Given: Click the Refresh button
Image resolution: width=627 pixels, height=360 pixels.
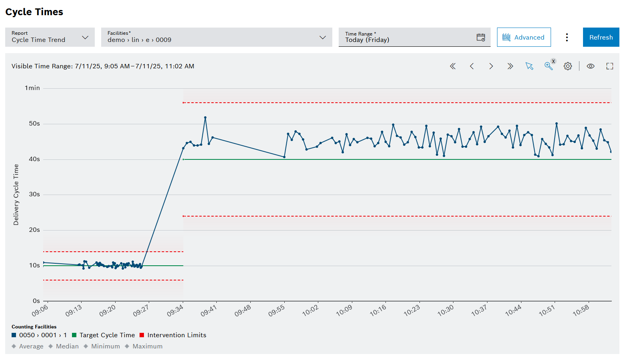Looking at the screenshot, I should pos(601,37).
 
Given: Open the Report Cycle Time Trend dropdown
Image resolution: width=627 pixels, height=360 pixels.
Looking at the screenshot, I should pos(50,37).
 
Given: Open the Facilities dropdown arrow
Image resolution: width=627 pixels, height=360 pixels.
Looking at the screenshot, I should pos(322,37).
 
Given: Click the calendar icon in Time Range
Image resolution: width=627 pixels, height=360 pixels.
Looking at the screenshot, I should pos(481,37).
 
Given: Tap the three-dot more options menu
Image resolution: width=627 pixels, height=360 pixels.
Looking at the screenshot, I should pos(567,37).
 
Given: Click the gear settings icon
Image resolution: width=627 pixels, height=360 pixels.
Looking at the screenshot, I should pos(568,66).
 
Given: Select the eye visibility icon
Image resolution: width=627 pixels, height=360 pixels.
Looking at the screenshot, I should pos(590,66).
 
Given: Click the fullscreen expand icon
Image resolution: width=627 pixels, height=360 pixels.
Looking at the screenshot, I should pos(609,66).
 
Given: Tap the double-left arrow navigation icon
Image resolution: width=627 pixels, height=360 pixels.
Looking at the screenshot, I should pos(453,66).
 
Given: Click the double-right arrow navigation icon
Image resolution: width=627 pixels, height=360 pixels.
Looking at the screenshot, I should pos(510,66).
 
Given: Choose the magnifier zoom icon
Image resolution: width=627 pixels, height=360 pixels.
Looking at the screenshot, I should pos(548,66).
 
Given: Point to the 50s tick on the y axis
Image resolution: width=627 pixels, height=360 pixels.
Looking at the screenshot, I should pos(34,123).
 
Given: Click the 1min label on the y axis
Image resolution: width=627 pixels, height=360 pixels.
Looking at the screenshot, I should pos(32,88).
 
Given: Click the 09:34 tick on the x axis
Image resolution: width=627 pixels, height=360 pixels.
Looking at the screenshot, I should pos(175,310).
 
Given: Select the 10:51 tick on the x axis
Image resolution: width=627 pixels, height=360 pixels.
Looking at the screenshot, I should pos(547,310).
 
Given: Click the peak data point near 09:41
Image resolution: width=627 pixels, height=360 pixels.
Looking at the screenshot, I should pos(205,117).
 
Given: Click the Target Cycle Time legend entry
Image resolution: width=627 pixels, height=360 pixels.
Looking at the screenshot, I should pos(107,335).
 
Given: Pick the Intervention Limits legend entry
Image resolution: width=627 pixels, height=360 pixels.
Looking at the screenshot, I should pos(176,335).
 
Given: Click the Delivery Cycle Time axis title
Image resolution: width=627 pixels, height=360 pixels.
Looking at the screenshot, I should pos(16,195).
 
